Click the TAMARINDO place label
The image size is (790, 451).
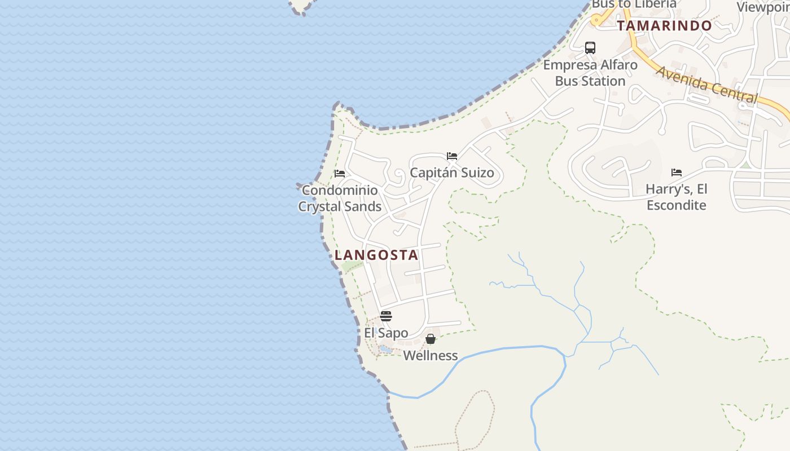[664, 25]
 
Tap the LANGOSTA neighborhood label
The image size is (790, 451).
[376, 255]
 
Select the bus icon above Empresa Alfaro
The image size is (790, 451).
[590, 48]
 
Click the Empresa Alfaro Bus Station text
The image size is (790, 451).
[590, 73]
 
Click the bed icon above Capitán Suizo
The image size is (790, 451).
[452, 156]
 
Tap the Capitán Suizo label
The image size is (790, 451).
[452, 173]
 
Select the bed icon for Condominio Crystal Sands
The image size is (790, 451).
[340, 174]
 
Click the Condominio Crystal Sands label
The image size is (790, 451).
[340, 198]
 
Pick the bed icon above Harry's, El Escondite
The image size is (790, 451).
[677, 173]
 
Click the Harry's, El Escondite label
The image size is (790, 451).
[677, 197]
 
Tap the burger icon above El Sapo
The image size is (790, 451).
[386, 316]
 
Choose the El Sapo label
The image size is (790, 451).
[386, 333]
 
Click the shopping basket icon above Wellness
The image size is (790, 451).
[431, 339]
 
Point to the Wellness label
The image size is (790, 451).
[431, 355]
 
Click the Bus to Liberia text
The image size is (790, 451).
[634, 5]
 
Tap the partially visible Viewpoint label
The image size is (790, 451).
[763, 7]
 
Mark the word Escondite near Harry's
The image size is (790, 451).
[677, 205]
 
